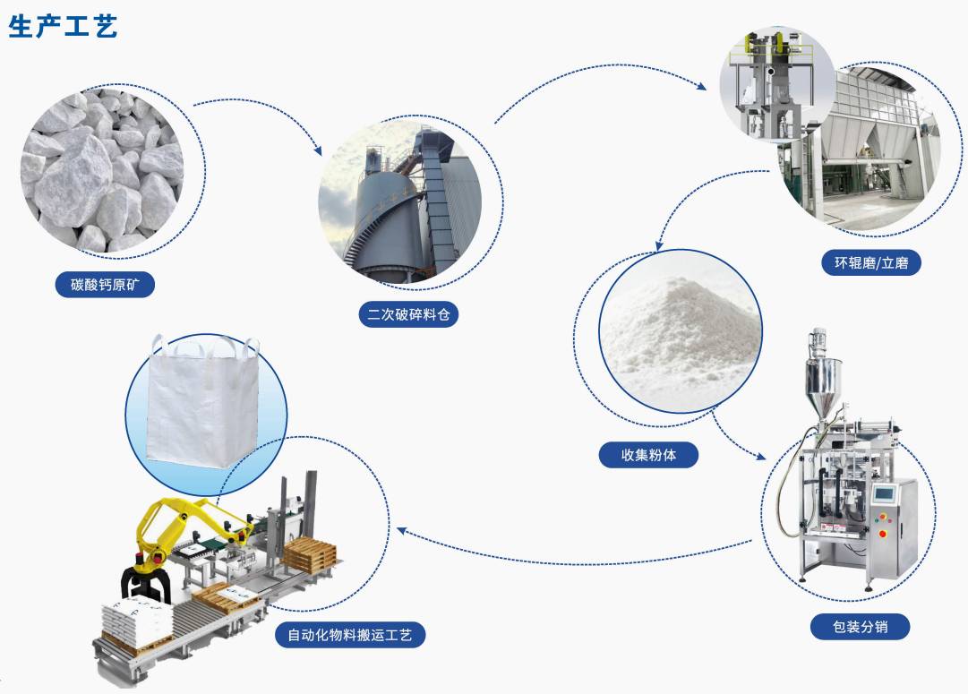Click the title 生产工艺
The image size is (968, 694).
point(63,27)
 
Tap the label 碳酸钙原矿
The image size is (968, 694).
point(105,285)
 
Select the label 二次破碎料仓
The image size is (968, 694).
point(408,314)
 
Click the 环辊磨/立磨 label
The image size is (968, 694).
point(871,263)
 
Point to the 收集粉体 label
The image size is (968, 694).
point(648,455)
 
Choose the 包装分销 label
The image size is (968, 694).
point(860,627)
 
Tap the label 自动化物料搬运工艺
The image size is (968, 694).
point(350,635)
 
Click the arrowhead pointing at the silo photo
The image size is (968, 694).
point(318,150)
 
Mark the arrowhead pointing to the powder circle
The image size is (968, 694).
point(659,244)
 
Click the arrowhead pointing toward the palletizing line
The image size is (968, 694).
point(401,530)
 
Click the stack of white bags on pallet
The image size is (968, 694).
point(137,620)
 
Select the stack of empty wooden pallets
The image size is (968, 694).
point(309,553)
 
